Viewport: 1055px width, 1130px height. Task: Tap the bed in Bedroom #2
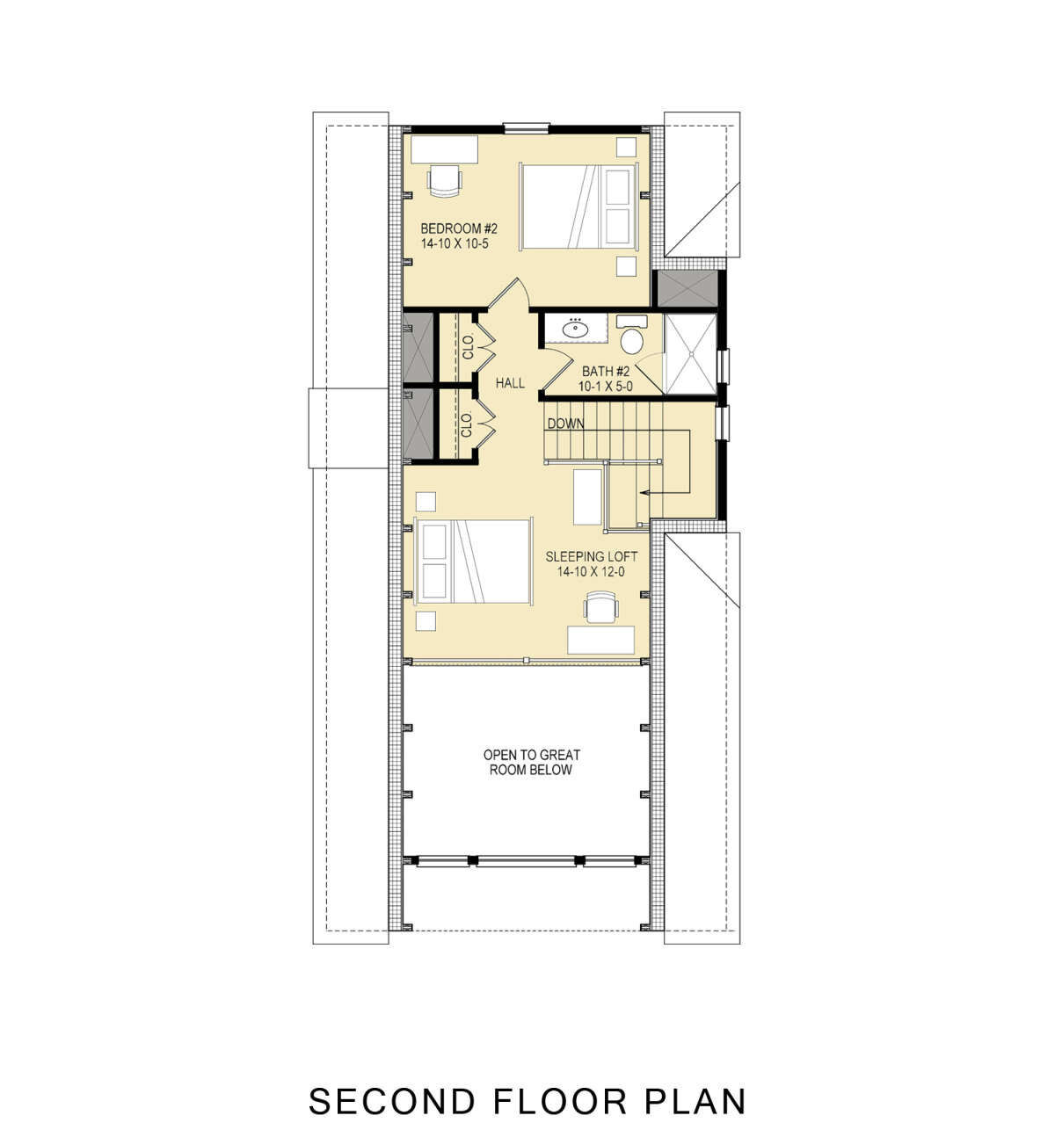click(x=578, y=207)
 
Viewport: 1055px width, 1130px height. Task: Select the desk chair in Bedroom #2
click(x=445, y=179)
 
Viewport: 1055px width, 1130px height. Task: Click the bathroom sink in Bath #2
click(x=575, y=329)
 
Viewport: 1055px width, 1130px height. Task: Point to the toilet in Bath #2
click(x=631, y=339)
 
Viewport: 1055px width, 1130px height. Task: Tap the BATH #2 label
click(x=606, y=372)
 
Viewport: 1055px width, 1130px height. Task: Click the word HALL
click(x=510, y=383)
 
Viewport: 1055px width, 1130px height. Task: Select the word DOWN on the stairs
click(x=565, y=424)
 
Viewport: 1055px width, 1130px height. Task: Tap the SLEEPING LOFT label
click(x=591, y=557)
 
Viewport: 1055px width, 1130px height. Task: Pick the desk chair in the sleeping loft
click(x=600, y=607)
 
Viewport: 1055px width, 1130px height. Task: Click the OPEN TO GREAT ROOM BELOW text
click(x=531, y=762)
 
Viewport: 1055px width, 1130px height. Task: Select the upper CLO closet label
click(x=468, y=348)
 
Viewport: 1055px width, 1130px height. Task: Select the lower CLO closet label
click(x=468, y=424)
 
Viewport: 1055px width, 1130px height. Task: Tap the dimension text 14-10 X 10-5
click(x=455, y=243)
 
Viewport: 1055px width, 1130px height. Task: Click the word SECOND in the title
click(x=392, y=1099)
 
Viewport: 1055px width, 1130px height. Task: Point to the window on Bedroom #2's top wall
click(x=526, y=127)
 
